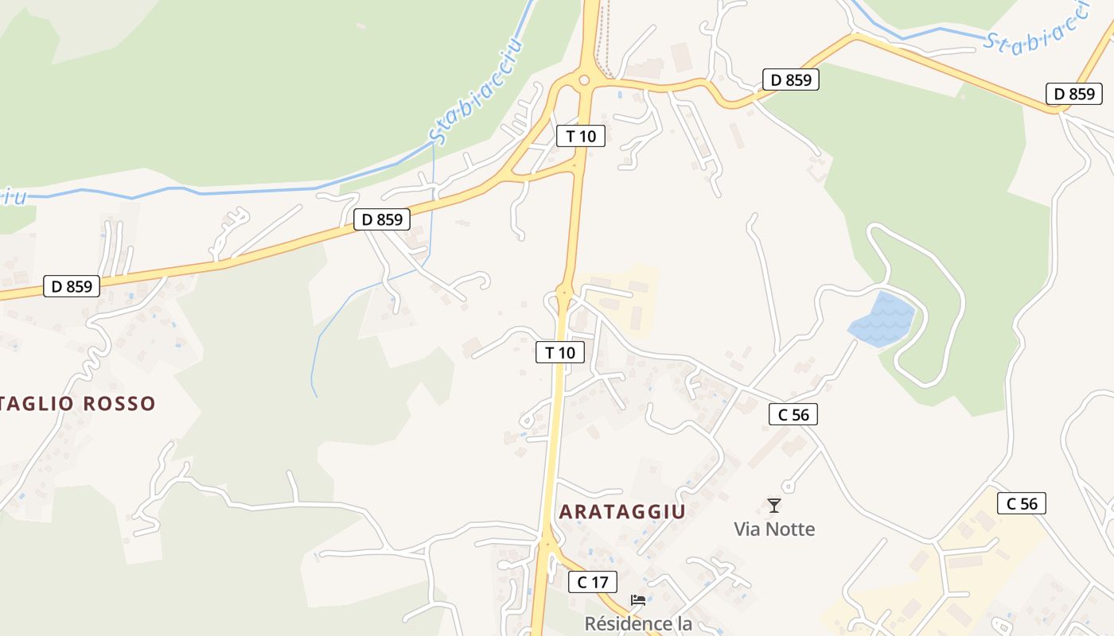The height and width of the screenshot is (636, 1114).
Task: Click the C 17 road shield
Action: [x=593, y=582]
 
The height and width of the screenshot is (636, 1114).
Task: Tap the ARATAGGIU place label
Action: [x=621, y=511]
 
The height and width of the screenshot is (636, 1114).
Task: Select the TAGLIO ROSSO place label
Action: [x=78, y=403]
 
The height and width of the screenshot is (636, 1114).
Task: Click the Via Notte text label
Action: [x=774, y=529]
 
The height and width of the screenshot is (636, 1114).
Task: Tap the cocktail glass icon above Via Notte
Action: [x=773, y=505]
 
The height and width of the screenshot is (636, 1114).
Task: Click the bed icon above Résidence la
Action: [x=637, y=600]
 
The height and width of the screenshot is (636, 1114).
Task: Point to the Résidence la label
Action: [x=638, y=623]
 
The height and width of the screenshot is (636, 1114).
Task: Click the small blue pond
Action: [x=882, y=320]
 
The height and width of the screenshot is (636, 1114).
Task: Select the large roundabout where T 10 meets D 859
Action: [x=584, y=79]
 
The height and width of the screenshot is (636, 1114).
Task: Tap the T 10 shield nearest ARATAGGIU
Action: [x=560, y=352]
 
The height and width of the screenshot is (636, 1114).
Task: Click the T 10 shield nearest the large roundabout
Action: [x=581, y=136]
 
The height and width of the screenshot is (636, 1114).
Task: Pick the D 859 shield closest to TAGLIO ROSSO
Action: [x=72, y=286]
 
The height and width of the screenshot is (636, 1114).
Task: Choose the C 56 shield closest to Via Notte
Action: [x=793, y=414]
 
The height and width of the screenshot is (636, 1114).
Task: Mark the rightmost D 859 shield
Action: [x=1074, y=94]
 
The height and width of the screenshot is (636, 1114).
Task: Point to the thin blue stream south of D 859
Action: [x=334, y=318]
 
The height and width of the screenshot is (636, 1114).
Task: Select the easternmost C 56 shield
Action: [x=1022, y=503]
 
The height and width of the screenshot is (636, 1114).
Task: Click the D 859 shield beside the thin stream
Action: [x=382, y=219]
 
